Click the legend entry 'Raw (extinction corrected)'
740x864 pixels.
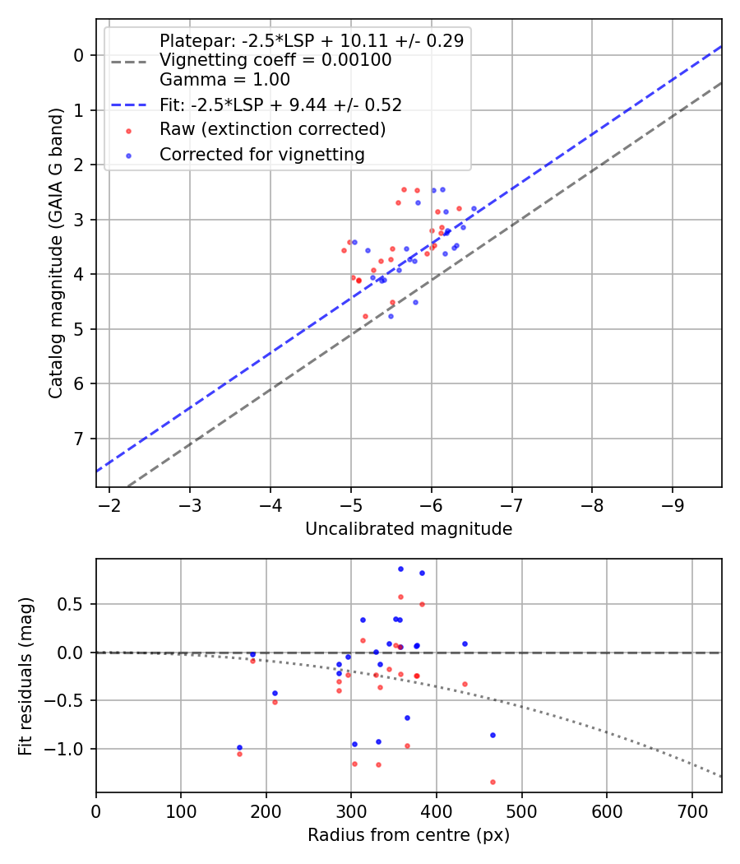pos(272,129)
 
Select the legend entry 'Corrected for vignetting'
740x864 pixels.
pos(262,154)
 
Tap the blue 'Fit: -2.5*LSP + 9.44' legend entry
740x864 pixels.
pos(280,105)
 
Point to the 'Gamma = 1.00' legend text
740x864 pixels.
pos(224,80)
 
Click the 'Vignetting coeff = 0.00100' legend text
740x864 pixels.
pos(275,60)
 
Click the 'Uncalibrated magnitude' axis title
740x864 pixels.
pos(409,529)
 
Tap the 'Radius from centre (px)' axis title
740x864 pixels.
pos(409,835)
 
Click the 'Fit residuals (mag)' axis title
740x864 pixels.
pos(25,675)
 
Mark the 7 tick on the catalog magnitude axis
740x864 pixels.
pos(79,439)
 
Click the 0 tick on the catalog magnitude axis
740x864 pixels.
pos(79,55)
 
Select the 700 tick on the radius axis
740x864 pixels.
pos(691,811)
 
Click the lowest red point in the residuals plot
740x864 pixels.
pos(493,782)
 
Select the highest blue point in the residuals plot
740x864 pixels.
pos(400,569)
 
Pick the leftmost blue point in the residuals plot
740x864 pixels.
pos(239,748)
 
